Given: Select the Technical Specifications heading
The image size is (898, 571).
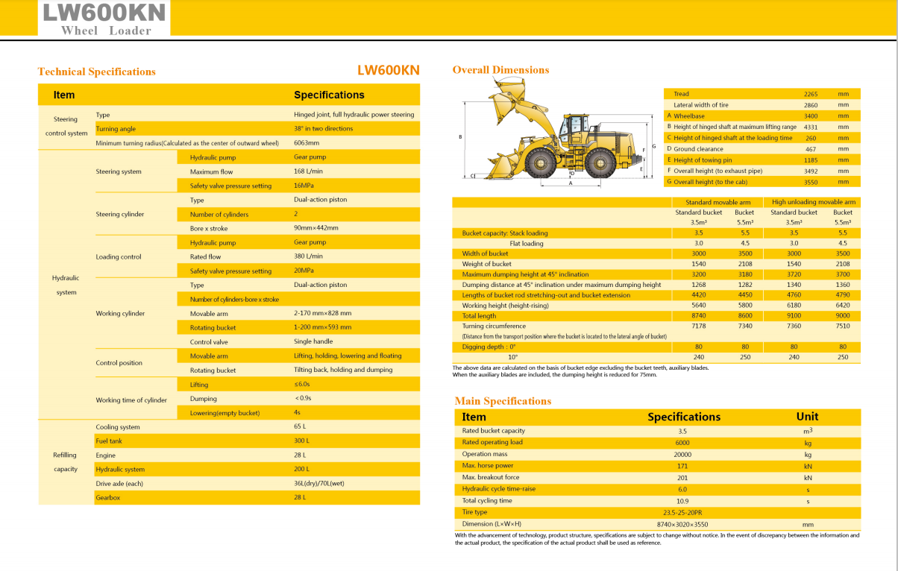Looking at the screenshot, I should point(97,72).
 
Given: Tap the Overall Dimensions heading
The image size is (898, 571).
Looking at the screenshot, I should point(500,70).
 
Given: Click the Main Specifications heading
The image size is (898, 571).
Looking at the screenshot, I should point(503,401).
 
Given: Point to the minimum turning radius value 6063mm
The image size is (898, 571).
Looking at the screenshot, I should point(307,143).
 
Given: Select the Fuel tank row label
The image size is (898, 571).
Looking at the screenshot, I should point(109,441).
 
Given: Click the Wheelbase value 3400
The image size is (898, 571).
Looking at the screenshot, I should point(811,116).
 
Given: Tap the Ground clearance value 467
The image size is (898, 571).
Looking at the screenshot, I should point(811,149).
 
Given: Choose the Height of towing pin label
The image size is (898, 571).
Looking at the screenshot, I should point(703,160).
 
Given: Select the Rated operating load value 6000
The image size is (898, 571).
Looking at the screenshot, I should point(682,442).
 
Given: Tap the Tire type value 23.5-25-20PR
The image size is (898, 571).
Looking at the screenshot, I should point(682,512).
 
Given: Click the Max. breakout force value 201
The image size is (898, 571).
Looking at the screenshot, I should point(682,477).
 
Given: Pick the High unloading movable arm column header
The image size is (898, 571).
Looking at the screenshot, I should point(814,202).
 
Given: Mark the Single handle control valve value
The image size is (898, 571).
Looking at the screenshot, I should point(313,342).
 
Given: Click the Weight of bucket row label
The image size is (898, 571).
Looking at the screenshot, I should point(486,264).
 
